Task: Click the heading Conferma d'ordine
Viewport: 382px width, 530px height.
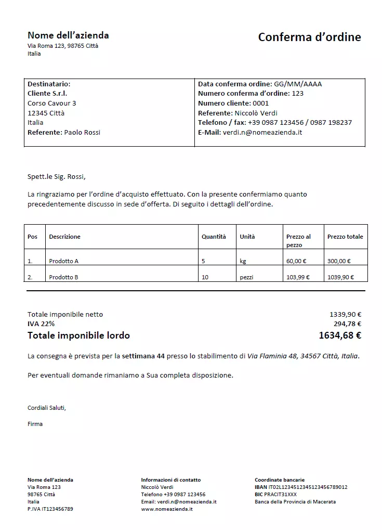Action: click(x=309, y=37)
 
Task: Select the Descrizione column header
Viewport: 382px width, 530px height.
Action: click(x=64, y=237)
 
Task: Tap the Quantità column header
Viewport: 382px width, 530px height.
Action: click(x=214, y=237)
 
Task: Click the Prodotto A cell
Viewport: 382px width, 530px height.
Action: click(x=63, y=261)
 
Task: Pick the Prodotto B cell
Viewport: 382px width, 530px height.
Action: click(x=63, y=277)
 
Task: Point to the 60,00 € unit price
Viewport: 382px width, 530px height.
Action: click(x=296, y=261)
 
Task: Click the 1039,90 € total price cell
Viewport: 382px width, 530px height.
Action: click(x=340, y=277)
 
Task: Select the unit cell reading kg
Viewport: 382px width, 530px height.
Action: click(x=243, y=261)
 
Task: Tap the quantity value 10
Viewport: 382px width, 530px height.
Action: click(x=205, y=277)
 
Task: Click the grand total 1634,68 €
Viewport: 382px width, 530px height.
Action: click(x=340, y=335)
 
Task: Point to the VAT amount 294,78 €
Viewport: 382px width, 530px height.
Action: click(x=347, y=324)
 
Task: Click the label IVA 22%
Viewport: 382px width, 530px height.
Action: click(x=41, y=324)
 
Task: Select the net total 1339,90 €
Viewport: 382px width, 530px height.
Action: click(x=345, y=314)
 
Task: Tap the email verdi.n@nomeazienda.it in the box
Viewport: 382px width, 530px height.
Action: click(x=262, y=132)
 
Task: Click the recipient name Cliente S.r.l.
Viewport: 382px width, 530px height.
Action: click(x=47, y=94)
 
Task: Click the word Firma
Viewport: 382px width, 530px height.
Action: click(x=35, y=424)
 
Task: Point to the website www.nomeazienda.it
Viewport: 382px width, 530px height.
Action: click(x=167, y=509)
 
